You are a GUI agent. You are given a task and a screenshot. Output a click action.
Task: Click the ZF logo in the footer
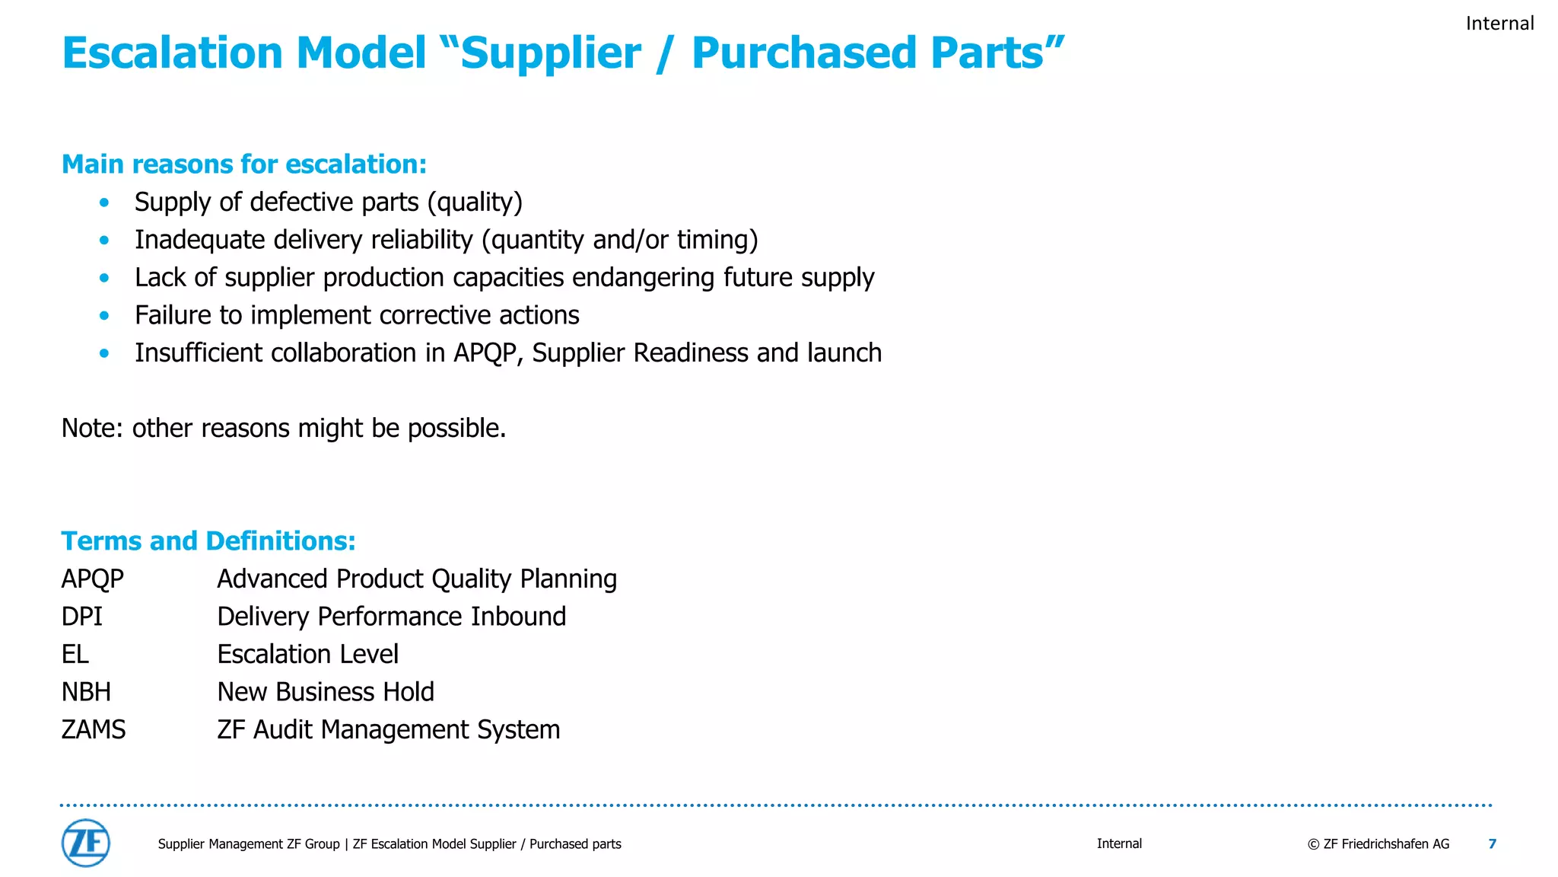pos(85,843)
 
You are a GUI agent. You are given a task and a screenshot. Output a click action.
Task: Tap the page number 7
pos(1492,844)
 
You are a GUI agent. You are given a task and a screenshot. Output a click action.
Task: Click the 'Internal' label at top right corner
pos(1499,24)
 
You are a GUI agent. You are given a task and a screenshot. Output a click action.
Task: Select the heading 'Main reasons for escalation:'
pos(244,164)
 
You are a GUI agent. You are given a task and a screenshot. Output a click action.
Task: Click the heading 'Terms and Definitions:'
pos(208,541)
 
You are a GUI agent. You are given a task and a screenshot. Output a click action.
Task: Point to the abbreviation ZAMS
pos(94,729)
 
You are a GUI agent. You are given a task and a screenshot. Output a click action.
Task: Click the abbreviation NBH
pos(86,692)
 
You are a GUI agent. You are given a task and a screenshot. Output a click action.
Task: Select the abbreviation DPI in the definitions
pos(81,617)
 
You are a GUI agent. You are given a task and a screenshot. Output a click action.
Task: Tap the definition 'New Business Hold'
pos(326,692)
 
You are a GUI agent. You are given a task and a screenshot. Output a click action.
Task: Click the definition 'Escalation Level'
pos(307,654)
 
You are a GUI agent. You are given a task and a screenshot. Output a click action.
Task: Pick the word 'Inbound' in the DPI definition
pos(518,617)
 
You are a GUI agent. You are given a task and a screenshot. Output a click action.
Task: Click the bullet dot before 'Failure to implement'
pos(104,315)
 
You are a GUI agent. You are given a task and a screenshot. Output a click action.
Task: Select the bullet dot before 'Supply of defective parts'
pos(104,203)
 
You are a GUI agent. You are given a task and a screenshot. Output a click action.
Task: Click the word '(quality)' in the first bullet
pos(475,203)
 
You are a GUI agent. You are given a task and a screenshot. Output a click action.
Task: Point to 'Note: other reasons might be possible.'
pos(283,428)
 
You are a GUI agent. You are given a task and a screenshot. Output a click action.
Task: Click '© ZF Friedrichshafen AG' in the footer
pos(1378,844)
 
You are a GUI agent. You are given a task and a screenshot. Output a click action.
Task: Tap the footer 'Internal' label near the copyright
pos(1119,844)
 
